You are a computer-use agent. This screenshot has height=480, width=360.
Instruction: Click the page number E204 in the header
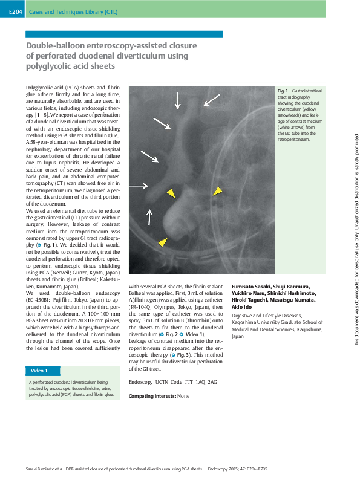(x=16, y=11)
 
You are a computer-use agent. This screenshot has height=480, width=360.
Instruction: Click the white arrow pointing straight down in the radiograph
(x=177, y=100)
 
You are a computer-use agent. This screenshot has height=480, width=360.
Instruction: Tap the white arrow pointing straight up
(x=149, y=221)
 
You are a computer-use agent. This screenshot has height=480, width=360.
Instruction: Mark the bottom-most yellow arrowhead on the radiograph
(x=162, y=242)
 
